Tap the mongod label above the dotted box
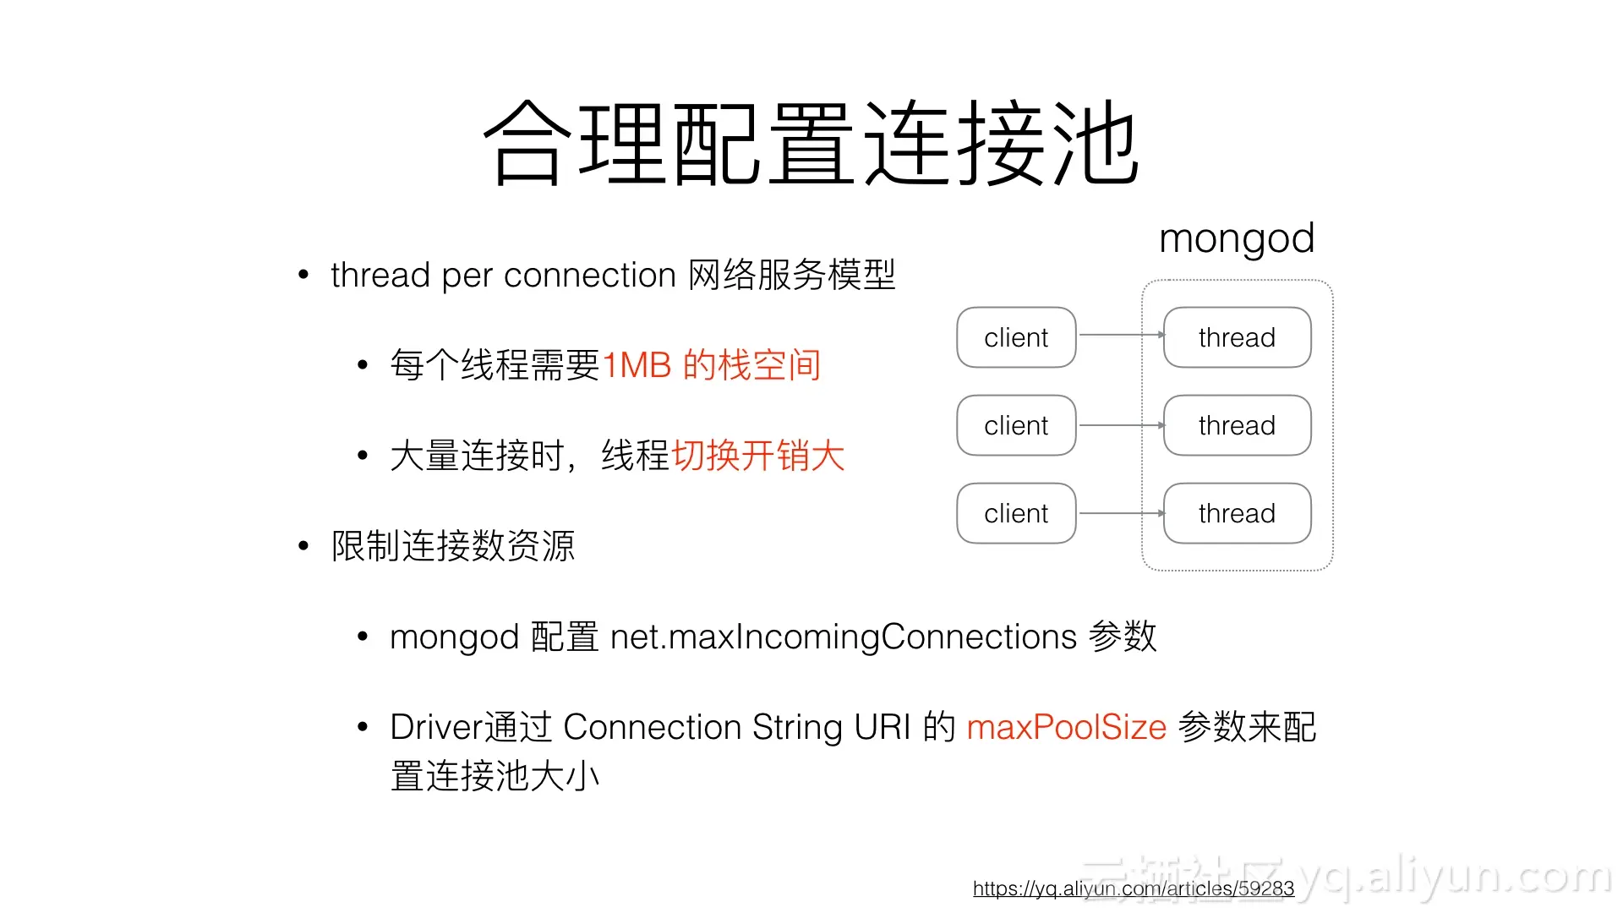(1236, 238)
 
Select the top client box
(1016, 337)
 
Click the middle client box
(1016, 425)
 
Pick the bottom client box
(1016, 513)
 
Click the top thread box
(1237, 337)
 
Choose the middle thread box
(1237, 425)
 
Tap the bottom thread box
(1237, 513)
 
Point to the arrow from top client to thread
(1121, 335)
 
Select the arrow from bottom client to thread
(1121, 513)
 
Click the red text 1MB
(637, 365)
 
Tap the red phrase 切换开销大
(757, 456)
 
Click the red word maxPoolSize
(1066, 727)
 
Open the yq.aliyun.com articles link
(1133, 888)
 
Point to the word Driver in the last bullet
(436, 727)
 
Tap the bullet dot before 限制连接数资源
(303, 546)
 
